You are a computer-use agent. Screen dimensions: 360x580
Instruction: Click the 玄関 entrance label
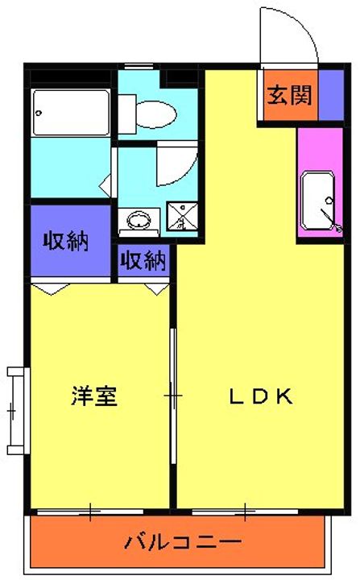coord(290,95)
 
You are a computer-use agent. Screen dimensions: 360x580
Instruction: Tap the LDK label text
coord(261,396)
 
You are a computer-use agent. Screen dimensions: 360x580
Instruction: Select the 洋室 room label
coord(94,396)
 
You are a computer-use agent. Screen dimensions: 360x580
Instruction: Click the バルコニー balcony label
coord(183,542)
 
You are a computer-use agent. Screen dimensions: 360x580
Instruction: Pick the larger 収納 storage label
coord(66,241)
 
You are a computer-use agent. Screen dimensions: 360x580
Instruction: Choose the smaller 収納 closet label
coord(143,260)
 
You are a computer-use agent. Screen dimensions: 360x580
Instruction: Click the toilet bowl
coord(155,114)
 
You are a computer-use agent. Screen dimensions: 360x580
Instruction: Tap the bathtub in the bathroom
coord(71,113)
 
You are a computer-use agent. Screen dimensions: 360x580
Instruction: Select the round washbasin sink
coord(139,221)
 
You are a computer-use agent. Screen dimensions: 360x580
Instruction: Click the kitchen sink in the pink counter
coord(318,201)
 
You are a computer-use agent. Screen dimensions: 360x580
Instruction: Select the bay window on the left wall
coord(18,411)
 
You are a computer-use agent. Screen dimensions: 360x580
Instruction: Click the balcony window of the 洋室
coord(90,512)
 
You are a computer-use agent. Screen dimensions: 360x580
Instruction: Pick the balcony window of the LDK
coord(245,512)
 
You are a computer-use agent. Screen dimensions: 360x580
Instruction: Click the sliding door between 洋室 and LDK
coord(173,396)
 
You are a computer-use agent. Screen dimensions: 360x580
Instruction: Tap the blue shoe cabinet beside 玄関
coord(331,95)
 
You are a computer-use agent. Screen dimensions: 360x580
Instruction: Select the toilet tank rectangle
coord(127,114)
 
